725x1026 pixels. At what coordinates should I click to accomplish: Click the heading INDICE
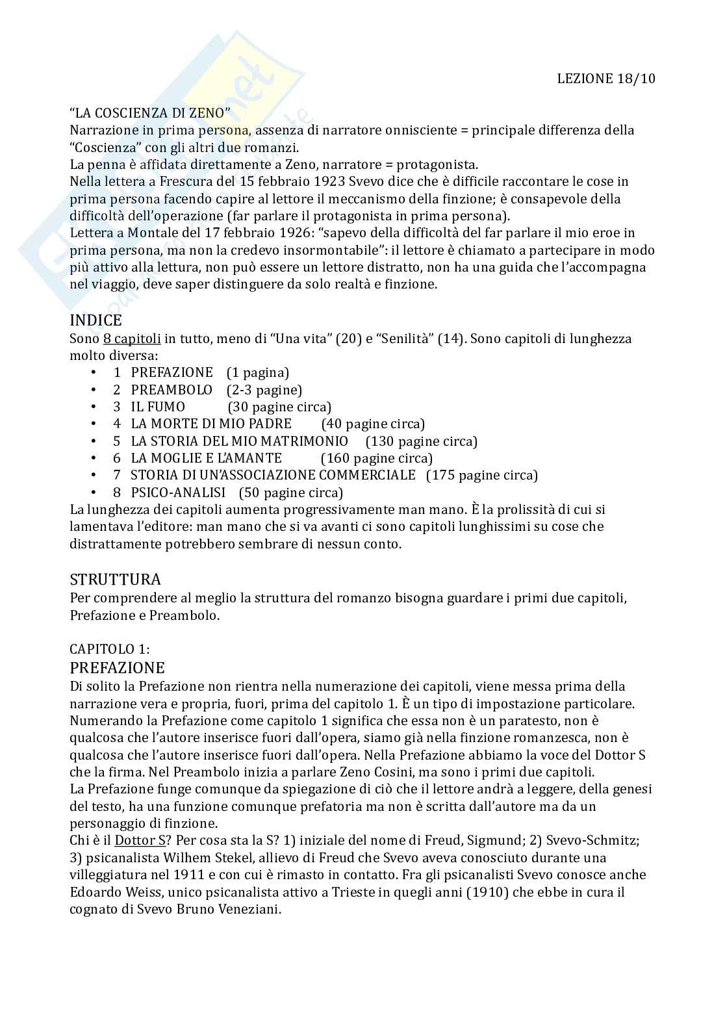coord(95,320)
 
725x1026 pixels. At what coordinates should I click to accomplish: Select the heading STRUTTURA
coord(115,580)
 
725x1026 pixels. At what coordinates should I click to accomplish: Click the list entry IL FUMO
coord(158,407)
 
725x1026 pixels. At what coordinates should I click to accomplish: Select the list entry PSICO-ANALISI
coord(178,493)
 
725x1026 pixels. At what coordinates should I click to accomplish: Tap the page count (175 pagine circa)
coord(482,475)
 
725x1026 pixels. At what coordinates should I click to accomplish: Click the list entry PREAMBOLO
coord(172,390)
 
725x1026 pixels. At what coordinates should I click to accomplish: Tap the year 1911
coord(178,875)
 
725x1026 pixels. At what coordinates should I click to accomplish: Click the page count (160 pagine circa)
coord(377,458)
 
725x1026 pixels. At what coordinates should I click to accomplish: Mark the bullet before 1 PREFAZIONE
coord(94,372)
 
